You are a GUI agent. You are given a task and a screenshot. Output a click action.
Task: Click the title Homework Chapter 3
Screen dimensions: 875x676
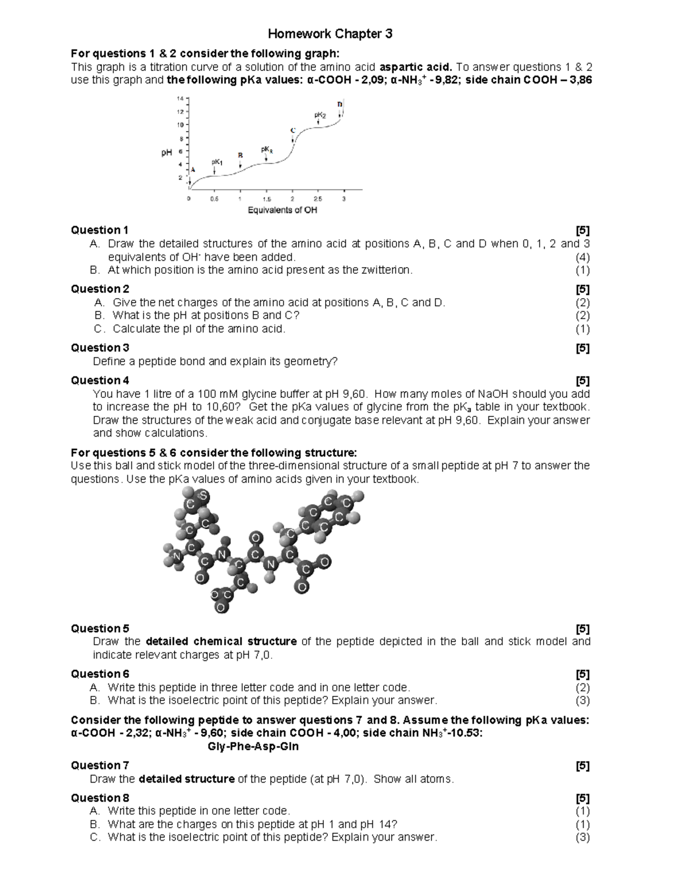[x=330, y=34]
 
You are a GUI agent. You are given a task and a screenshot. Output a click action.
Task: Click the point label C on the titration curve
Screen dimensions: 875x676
[x=292, y=130]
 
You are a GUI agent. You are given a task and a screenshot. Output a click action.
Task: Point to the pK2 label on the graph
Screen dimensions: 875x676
[x=319, y=115]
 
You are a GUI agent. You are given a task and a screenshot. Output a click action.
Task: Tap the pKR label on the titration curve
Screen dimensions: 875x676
[x=266, y=150]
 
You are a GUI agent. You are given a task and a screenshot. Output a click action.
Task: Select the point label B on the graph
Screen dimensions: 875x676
[x=240, y=155]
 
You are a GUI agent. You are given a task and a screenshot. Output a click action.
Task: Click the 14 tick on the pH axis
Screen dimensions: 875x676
[x=180, y=98]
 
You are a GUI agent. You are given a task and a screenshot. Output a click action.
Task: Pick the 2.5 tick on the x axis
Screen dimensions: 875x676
[x=318, y=199]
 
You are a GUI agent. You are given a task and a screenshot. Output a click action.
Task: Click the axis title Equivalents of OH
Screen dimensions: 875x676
[x=282, y=210]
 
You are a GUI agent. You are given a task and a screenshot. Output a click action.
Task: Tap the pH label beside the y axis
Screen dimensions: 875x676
[x=167, y=153]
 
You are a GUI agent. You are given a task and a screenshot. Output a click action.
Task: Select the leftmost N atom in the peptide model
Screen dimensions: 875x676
[x=177, y=557]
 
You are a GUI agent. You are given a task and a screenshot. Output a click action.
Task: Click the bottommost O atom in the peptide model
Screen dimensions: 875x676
[x=220, y=608]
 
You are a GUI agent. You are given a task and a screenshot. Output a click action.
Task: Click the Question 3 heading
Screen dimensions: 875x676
[x=100, y=348]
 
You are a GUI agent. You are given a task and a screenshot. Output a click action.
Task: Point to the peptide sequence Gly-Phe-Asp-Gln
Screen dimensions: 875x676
[x=253, y=747]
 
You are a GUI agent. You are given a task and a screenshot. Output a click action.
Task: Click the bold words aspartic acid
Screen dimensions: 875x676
[x=416, y=66]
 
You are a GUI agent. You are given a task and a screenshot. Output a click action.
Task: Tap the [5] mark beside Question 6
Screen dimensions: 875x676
[x=582, y=674]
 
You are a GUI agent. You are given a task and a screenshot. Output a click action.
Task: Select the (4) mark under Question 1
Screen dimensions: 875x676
[x=582, y=257]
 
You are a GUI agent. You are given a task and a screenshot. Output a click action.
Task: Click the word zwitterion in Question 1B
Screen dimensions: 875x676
[x=385, y=270]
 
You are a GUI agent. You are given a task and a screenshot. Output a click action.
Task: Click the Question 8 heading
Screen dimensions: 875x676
[x=100, y=798]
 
